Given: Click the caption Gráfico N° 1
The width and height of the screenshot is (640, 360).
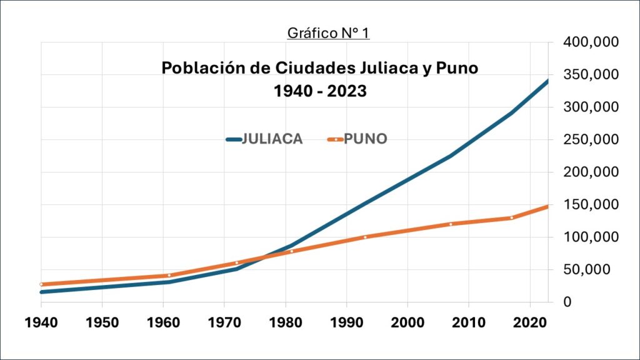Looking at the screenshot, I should pyautogui.click(x=328, y=32).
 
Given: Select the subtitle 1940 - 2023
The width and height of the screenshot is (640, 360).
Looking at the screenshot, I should pyautogui.click(x=319, y=91).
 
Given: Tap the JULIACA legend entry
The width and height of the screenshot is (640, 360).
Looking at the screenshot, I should pyautogui.click(x=265, y=139).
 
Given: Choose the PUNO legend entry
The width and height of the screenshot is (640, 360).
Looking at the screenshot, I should pyautogui.click(x=357, y=139).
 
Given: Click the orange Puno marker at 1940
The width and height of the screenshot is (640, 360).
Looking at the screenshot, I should pyautogui.click(x=42, y=284).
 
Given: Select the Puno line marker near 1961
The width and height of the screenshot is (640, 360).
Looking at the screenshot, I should pyautogui.click(x=169, y=275).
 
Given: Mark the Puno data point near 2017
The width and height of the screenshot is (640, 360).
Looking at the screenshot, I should pyautogui.click(x=511, y=217).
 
